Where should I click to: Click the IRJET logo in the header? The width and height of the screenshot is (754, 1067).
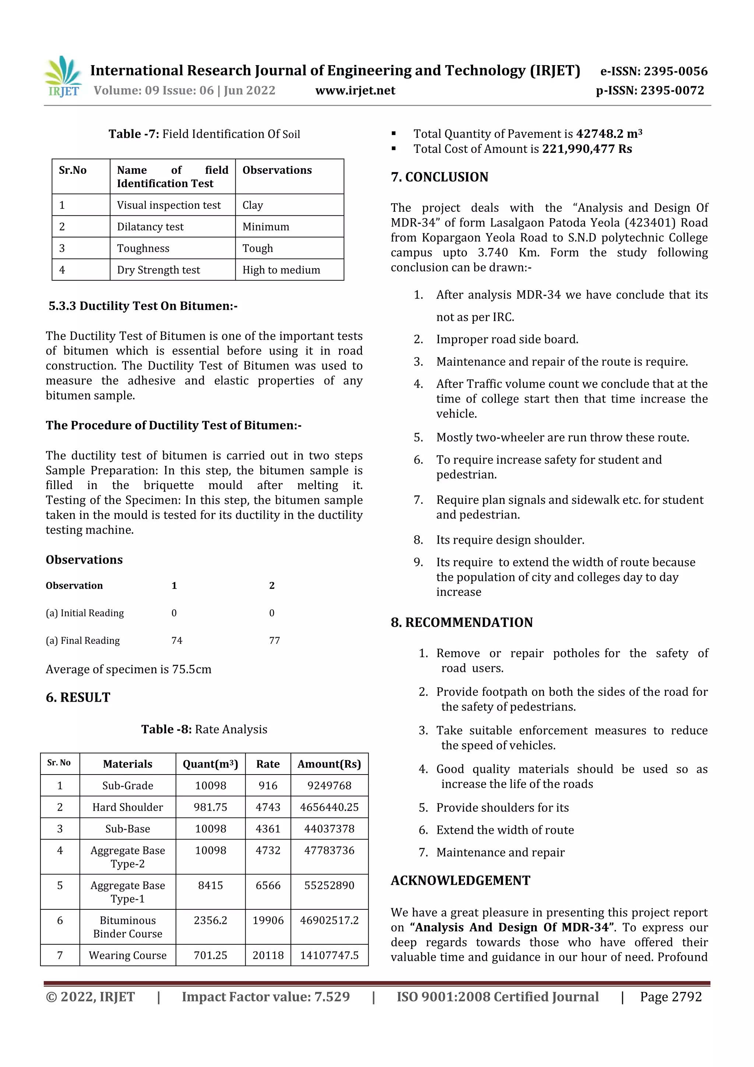64,77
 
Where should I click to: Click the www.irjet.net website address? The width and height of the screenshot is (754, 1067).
355,91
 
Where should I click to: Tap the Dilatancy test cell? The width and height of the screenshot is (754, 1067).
150,227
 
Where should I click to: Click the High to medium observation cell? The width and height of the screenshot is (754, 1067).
281,270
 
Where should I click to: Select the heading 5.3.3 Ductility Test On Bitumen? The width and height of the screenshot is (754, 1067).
143,306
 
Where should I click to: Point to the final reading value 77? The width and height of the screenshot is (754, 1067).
275,640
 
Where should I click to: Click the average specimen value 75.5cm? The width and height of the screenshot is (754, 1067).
191,669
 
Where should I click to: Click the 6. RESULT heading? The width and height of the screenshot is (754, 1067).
78,698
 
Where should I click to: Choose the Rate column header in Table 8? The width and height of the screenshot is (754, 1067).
268,764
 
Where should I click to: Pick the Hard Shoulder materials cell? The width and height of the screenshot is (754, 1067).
127,807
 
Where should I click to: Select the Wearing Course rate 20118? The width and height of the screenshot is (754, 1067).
268,955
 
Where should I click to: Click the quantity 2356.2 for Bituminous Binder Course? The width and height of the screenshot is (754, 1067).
211,920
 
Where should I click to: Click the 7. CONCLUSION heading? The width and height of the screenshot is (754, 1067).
440,177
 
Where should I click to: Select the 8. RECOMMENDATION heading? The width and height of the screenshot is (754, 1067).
462,623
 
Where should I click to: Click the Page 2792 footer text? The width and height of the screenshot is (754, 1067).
670,997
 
